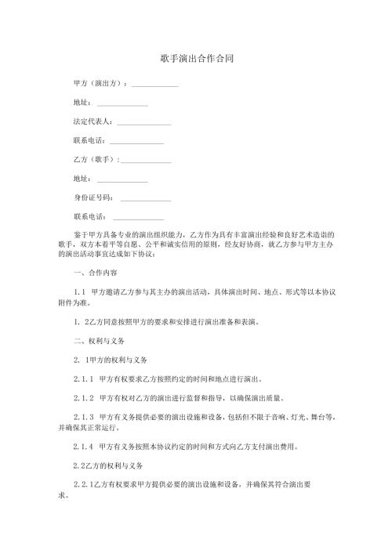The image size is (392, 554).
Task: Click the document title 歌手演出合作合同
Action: pyautogui.click(x=196, y=59)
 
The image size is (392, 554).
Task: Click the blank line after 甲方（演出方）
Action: pyautogui.click(x=155, y=84)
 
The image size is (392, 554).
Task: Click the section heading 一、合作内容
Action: pyautogui.click(x=95, y=273)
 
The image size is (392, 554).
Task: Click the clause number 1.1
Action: pyautogui.click(x=78, y=292)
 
